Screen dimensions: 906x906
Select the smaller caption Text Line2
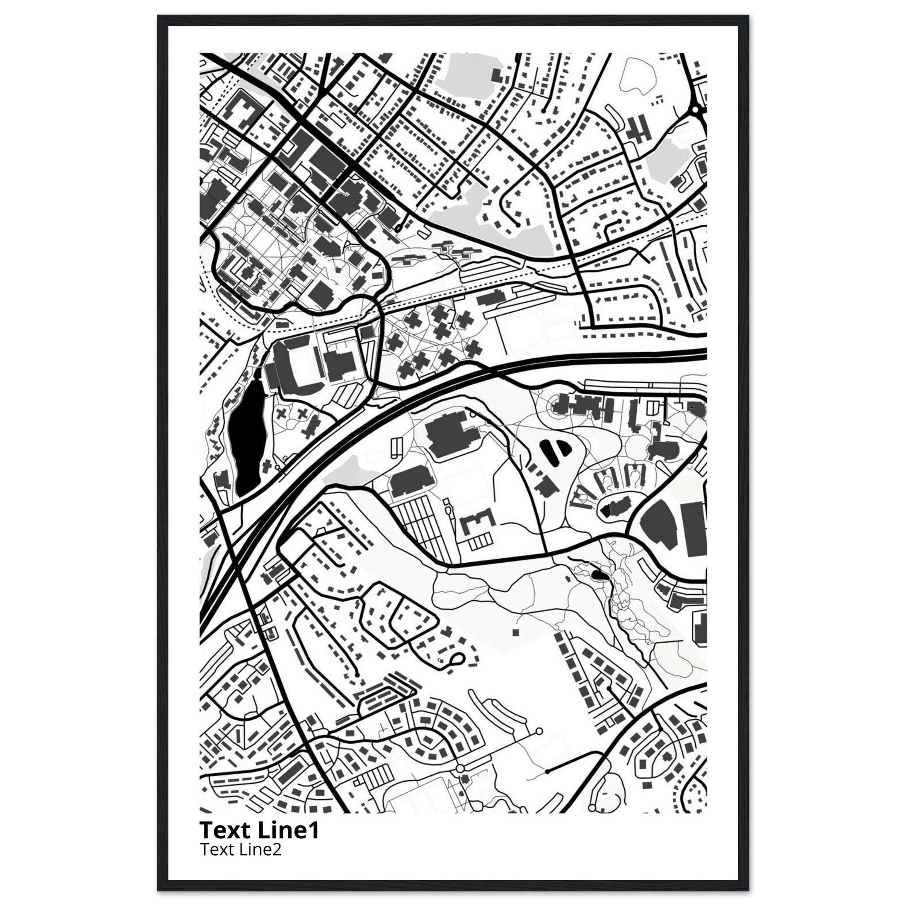click(241, 849)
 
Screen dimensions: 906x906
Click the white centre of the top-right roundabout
click(695, 110)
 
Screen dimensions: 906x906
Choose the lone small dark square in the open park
click(516, 632)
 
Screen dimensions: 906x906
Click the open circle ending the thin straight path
click(538, 731)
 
